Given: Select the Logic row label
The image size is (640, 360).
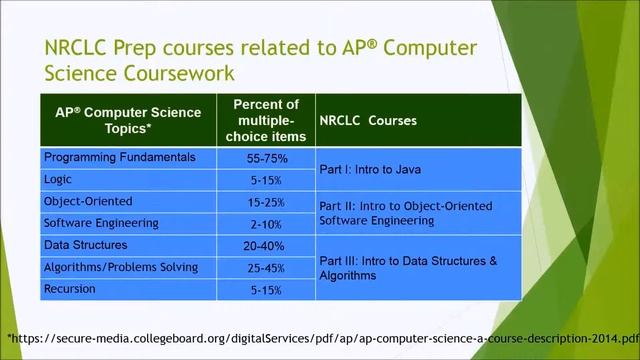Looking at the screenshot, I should coord(57,180).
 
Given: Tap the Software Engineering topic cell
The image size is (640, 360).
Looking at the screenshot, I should coord(101,223).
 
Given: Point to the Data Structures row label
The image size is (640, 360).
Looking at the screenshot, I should coord(85,245).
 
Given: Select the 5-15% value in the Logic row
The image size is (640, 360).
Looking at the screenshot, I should coord(266,181).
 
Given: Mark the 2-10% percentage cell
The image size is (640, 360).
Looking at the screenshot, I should coord(266,225).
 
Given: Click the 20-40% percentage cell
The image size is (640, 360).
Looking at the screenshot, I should coord(266,246).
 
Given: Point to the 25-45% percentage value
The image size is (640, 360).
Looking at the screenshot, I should coord(266,268).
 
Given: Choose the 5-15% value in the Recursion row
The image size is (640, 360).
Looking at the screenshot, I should coord(266,290).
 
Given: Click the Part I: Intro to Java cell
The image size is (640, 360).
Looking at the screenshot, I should coord(370,169).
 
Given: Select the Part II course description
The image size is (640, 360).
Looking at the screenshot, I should coord(405,213).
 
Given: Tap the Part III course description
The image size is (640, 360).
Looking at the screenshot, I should coord(407,267).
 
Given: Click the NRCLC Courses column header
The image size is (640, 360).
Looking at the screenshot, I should coord(368,120).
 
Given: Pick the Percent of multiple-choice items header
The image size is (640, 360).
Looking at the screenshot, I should coord(266,120).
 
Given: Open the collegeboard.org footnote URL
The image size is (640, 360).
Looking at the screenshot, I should coord(320,338).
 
